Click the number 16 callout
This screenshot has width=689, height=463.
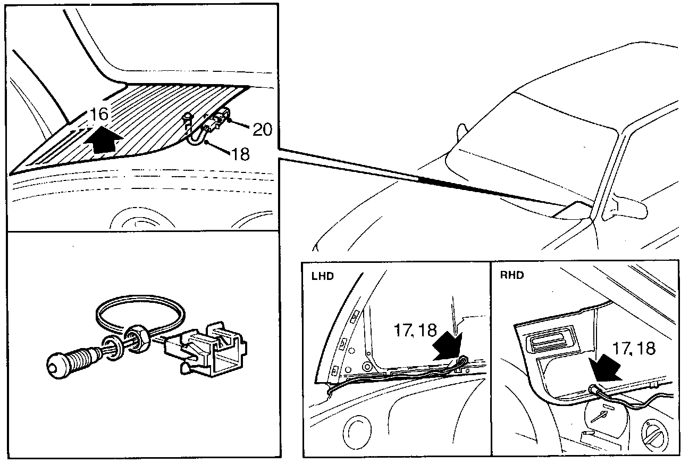(99, 113)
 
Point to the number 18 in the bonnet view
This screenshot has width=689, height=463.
(240, 154)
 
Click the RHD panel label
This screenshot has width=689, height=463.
(512, 275)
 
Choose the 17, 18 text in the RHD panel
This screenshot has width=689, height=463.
(633, 349)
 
